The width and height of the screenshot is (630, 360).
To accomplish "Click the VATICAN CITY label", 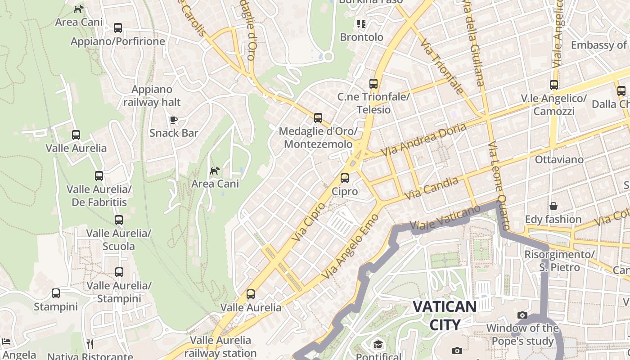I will (445, 315).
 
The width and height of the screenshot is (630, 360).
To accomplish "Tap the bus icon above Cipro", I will (345, 178).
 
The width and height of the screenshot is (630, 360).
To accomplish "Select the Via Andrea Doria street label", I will (424, 140).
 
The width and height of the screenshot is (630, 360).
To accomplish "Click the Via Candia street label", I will (432, 189).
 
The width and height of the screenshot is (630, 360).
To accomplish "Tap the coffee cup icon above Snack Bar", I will (174, 120).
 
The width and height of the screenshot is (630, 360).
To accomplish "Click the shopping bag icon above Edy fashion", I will (553, 206).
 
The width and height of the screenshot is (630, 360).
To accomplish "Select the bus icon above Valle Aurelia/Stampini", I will (119, 272).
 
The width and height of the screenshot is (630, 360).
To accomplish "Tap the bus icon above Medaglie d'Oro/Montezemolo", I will (318, 118).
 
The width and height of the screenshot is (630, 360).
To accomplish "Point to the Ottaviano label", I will (559, 160).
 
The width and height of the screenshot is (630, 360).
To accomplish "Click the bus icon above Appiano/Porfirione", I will (118, 28).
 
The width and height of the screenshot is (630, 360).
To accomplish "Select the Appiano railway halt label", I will (152, 96).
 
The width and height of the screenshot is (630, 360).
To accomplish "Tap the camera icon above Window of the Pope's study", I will (522, 315).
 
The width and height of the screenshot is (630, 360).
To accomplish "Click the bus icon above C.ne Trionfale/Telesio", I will (373, 83).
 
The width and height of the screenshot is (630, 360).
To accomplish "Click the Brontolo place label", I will (362, 37).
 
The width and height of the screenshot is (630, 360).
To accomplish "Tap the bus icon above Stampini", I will (56, 293).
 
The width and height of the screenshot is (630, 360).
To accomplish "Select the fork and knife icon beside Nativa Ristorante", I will (90, 344).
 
